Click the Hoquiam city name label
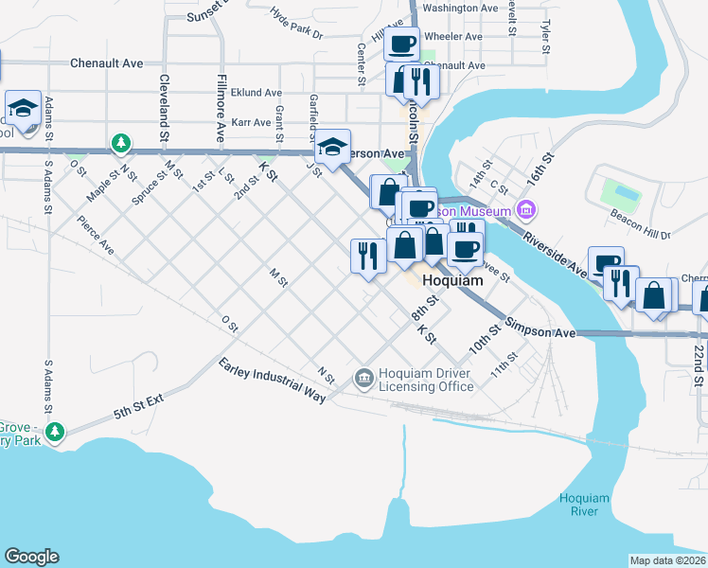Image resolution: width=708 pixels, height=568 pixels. [x=451, y=281]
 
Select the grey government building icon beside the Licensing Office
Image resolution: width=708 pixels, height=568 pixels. [x=364, y=379]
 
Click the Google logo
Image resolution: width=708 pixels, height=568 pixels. [x=31, y=557]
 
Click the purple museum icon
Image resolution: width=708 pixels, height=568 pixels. [x=527, y=210]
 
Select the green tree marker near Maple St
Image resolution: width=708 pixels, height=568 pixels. [x=120, y=144]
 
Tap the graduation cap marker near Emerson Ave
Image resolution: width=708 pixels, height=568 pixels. [x=332, y=146]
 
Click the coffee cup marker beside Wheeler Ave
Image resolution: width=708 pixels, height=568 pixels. [x=401, y=43]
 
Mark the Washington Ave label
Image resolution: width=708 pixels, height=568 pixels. [x=460, y=8]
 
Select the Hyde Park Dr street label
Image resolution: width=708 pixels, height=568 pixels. [x=296, y=26]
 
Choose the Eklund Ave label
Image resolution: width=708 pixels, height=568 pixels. [x=257, y=93]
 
